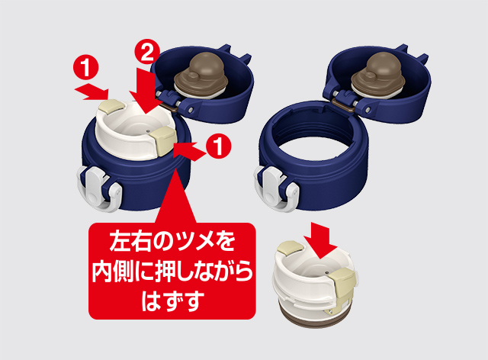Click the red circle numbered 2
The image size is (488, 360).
(x=147, y=53)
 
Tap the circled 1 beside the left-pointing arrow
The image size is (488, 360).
(x=219, y=146)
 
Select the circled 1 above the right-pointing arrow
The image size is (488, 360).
(x=85, y=67)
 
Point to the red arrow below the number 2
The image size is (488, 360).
(x=146, y=90)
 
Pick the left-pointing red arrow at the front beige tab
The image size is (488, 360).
(x=189, y=151)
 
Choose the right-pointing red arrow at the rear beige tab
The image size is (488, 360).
(x=91, y=92)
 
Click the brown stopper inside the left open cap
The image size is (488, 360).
(x=201, y=77)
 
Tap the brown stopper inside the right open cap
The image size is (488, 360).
(x=377, y=76)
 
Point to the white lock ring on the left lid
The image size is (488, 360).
(x=98, y=188)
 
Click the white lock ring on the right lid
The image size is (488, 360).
(x=275, y=188)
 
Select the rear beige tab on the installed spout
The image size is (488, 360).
(x=111, y=105)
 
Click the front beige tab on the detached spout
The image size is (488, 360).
(x=343, y=287)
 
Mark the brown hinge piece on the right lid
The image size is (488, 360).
(x=343, y=105)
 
